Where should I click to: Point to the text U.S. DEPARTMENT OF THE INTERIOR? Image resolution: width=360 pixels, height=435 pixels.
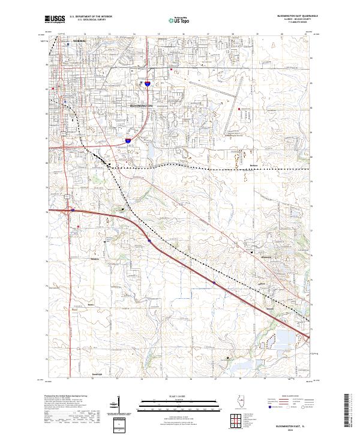click(x=91, y=17)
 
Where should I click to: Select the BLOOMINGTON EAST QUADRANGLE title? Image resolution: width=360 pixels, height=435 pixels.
click(x=292, y=17)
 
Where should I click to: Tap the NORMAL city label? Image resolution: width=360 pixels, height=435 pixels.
click(x=79, y=41)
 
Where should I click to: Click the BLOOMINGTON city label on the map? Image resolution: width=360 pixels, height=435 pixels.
click(x=142, y=106)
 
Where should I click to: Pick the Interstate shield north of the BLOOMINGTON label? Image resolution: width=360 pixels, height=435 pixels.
click(x=145, y=85)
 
